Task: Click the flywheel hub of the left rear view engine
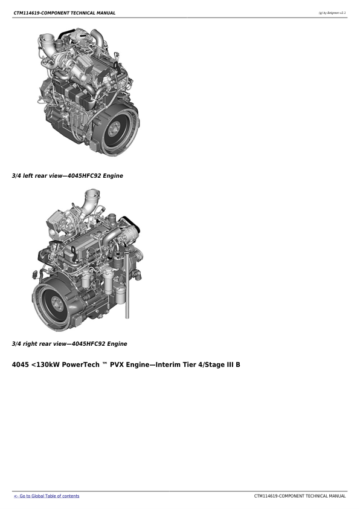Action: coord(114,129)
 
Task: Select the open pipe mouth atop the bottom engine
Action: coord(91,192)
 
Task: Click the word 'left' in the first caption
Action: coord(28,176)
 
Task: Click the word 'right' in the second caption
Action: coord(30,344)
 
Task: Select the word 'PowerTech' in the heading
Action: coord(80,365)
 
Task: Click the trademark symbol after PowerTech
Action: coord(104,363)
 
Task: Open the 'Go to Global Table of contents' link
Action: coord(47,496)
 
